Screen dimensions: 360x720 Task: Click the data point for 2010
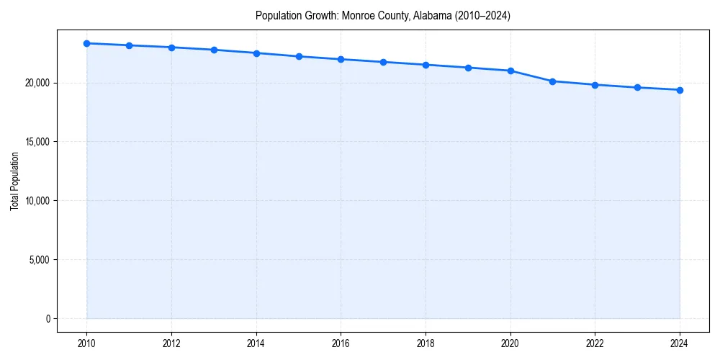[x=86, y=43]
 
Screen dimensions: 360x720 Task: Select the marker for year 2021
[x=552, y=81]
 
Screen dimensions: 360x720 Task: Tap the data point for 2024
[x=680, y=90]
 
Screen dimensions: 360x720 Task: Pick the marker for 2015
[x=299, y=56]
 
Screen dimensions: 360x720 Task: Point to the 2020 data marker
[x=510, y=71]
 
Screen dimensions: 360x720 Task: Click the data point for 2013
[x=214, y=50]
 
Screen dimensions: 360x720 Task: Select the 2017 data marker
[x=383, y=62]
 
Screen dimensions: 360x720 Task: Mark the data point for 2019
[x=468, y=68]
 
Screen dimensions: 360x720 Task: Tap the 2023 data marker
[x=637, y=87]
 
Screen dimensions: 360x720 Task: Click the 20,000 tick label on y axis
[x=36, y=83]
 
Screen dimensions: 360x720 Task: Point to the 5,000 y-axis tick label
[x=38, y=259]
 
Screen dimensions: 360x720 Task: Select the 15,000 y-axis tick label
[x=36, y=142]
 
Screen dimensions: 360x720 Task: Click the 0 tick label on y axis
[x=47, y=318]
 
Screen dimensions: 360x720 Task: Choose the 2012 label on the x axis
[x=171, y=343]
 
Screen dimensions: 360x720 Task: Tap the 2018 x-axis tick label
[x=426, y=343]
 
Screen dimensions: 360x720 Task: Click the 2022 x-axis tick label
[x=595, y=343]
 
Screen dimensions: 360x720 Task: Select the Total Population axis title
[x=14, y=181]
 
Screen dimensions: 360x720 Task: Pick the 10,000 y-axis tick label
[x=36, y=200]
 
